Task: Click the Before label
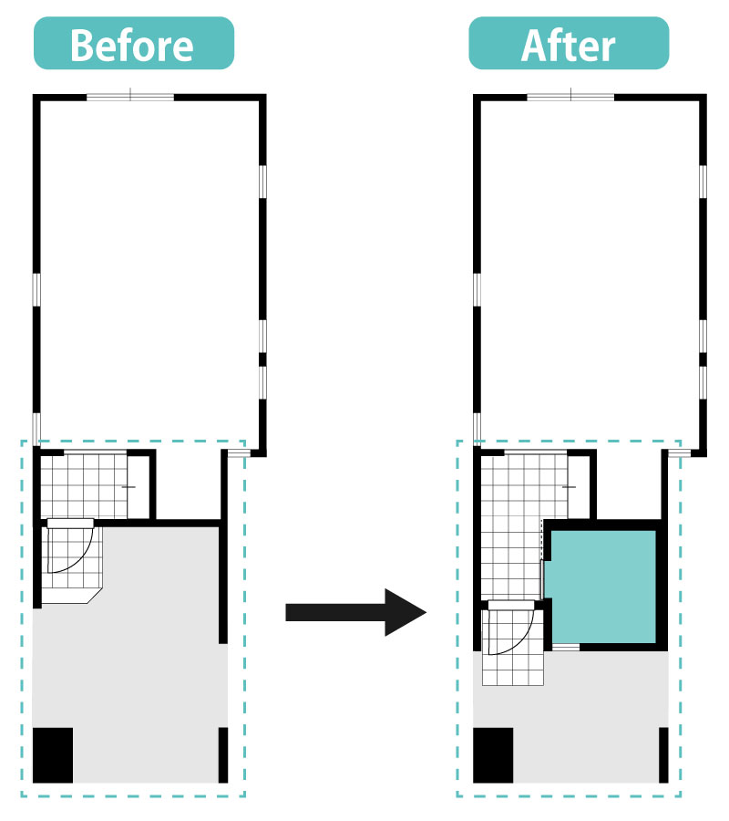(133, 44)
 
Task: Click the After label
(569, 44)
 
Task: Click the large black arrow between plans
(355, 612)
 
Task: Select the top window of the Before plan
(130, 97)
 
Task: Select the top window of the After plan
(570, 97)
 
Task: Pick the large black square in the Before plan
(53, 755)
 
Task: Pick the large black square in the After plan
(493, 755)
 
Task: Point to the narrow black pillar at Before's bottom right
(222, 755)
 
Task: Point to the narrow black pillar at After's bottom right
(663, 755)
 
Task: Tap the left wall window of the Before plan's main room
(36, 289)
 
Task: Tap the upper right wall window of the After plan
(703, 182)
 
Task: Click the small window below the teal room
(566, 647)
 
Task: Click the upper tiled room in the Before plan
(84, 486)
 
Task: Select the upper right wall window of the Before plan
(262, 182)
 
